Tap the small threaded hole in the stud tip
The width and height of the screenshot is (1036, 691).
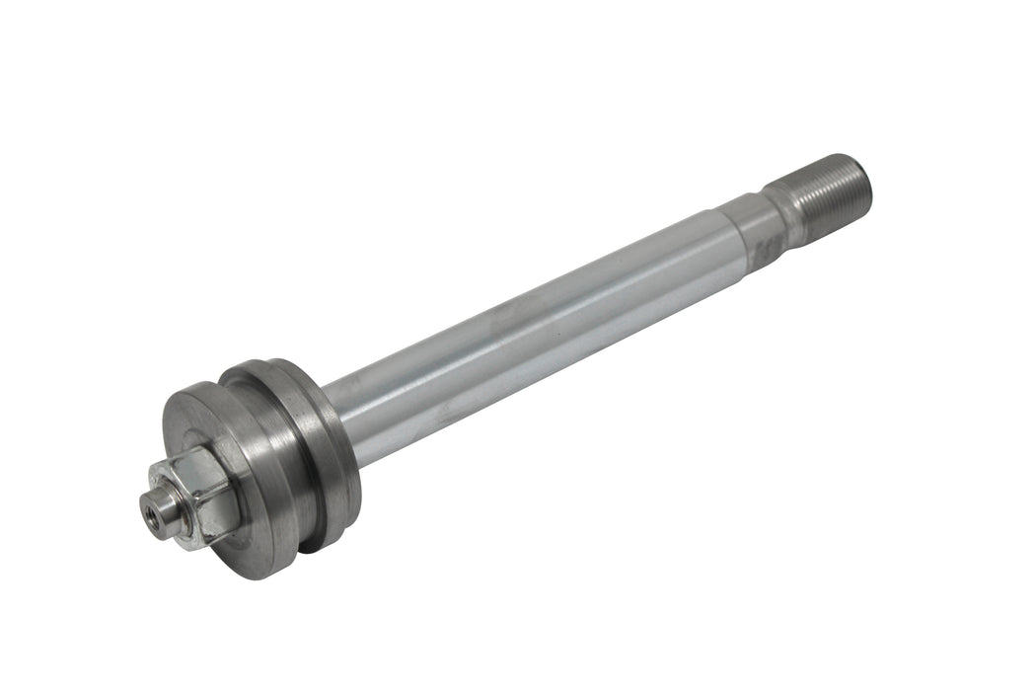point(151,510)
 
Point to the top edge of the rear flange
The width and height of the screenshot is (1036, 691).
point(266,364)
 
